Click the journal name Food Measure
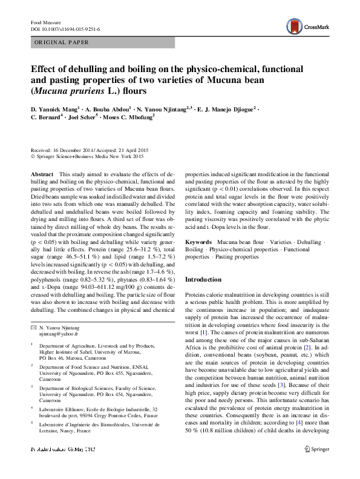pyautogui.click(x=46, y=22)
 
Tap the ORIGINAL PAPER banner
pyautogui.click(x=61, y=42)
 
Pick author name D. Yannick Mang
pyautogui.click(x=54, y=109)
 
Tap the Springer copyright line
pyautogui.click(x=87, y=157)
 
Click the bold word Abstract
pyautogui.click(x=42, y=174)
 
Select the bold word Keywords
pyautogui.click(x=198, y=241)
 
